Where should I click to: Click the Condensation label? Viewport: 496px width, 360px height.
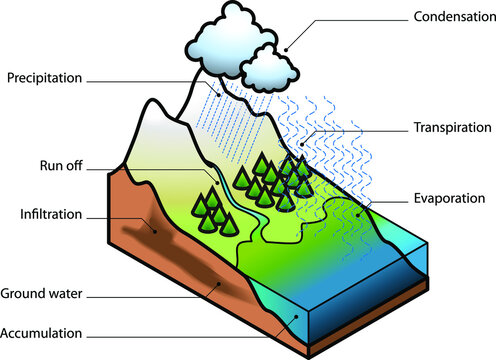(451, 17)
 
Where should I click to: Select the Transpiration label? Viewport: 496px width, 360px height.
(451, 128)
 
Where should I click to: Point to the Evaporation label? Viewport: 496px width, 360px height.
(453, 198)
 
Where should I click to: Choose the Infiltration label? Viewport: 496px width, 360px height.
(50, 214)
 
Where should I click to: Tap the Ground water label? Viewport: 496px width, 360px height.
(42, 294)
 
